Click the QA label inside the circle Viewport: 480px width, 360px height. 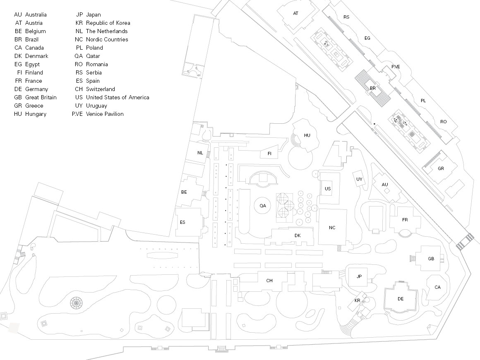tap(263, 206)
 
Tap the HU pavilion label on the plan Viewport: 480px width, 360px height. tap(307, 135)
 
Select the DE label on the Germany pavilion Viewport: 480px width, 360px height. tap(401, 299)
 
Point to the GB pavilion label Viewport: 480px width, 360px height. tap(431, 259)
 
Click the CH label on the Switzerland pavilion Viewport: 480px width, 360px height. tap(269, 281)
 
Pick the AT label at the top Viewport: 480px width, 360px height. tap(295, 14)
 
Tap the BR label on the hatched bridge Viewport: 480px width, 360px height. tap(372, 88)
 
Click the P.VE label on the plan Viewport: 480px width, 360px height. tap(396, 67)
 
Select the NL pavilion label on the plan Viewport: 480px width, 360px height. tap(200, 153)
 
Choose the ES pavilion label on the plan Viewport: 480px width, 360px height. tap(182, 222)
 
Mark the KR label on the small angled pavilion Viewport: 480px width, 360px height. tap(357, 300)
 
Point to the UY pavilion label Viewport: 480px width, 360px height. tap(359, 179)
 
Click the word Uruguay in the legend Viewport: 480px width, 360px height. tap(96, 106)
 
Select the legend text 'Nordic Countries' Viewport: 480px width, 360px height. tap(107, 39)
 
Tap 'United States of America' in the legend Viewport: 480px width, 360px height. tap(118, 97)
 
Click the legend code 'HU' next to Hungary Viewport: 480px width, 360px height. tap(18, 114)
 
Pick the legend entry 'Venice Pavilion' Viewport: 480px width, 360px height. tap(105, 114)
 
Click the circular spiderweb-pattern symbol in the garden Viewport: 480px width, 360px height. tap(76, 303)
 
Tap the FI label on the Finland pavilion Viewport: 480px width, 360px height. tap(269, 154)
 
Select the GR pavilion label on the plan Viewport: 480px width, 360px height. tap(441, 168)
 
